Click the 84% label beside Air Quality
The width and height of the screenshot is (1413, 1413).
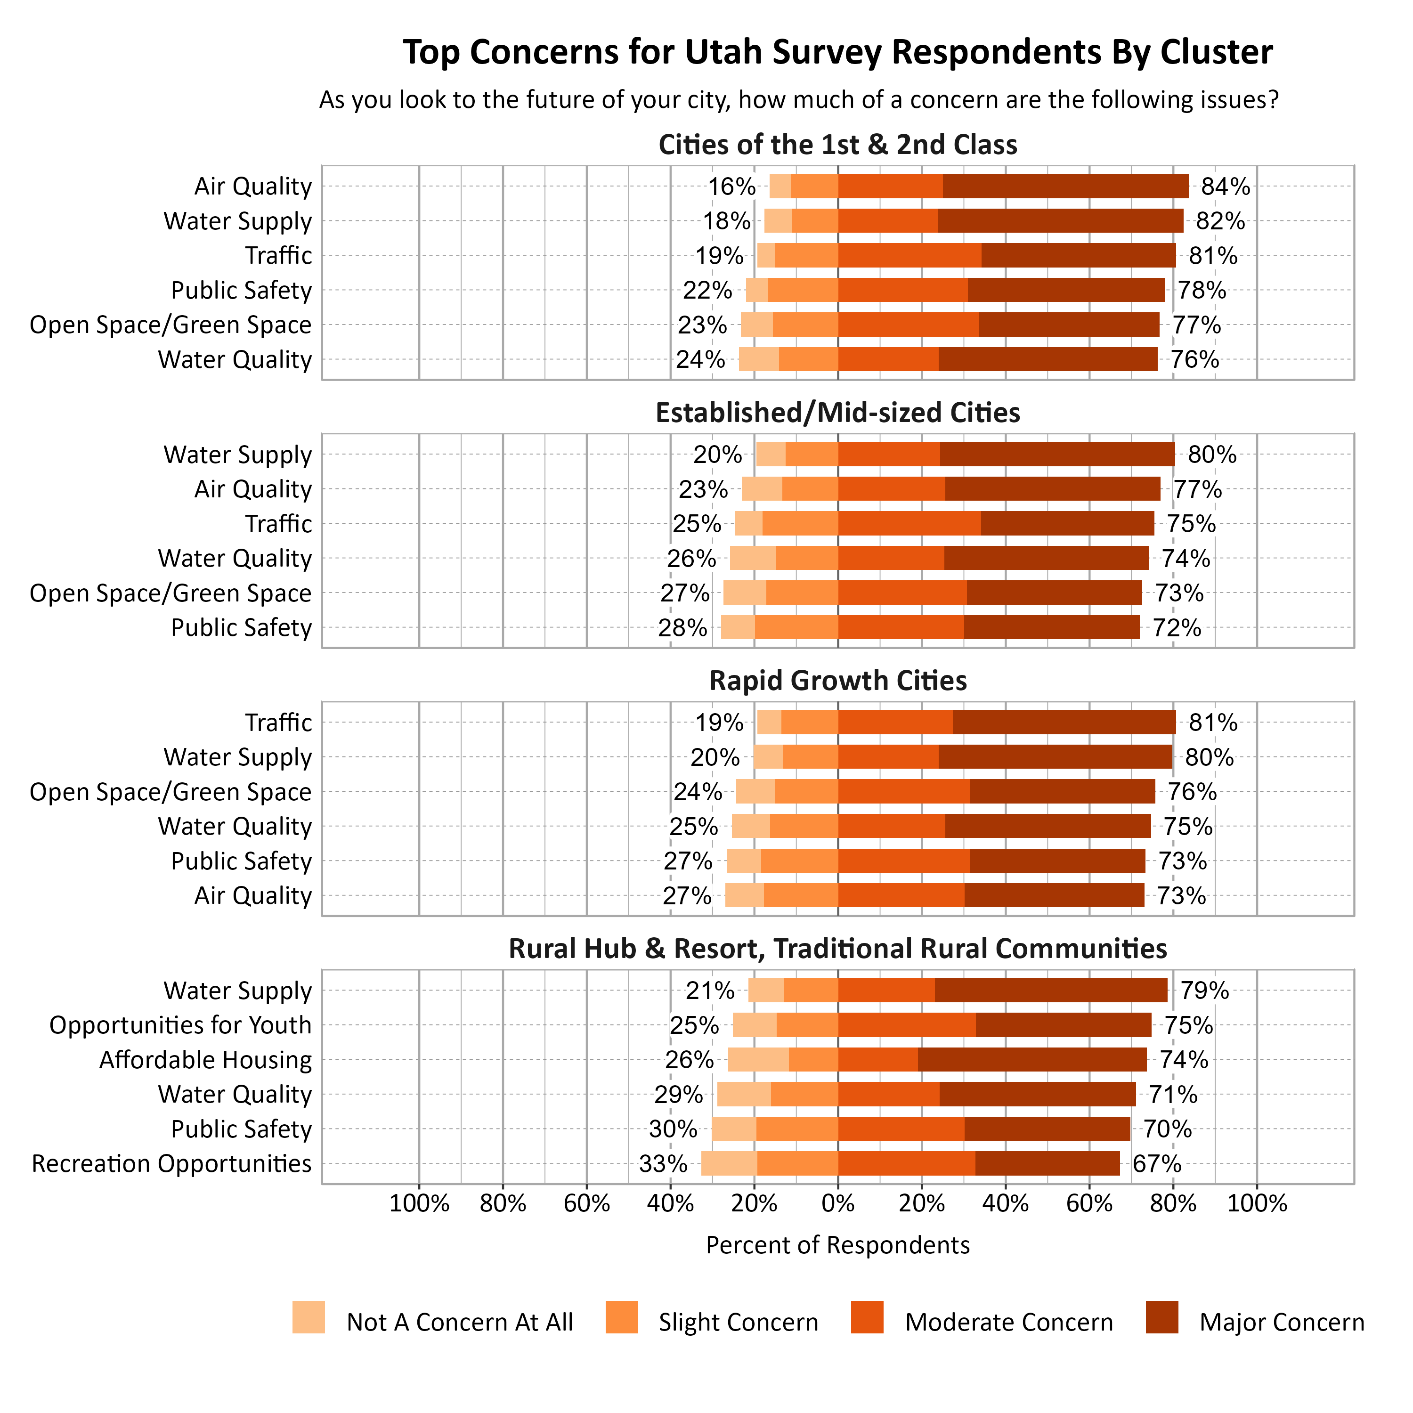pyautogui.click(x=1226, y=187)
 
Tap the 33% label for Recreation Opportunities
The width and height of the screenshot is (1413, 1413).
pyautogui.click(x=663, y=1163)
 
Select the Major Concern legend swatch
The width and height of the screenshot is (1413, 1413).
pyautogui.click(x=1162, y=1317)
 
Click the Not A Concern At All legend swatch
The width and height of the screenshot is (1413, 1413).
pyautogui.click(x=309, y=1317)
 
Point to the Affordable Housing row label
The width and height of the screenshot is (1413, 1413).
pyautogui.click(x=205, y=1060)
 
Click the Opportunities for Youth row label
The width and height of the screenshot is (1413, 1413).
pyautogui.click(x=180, y=1025)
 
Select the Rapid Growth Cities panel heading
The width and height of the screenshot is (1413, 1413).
pyautogui.click(x=838, y=681)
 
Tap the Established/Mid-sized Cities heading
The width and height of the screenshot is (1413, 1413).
pyautogui.click(x=838, y=413)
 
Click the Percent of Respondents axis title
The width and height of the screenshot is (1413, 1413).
pyautogui.click(x=838, y=1245)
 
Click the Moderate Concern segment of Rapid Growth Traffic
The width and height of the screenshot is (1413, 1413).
pyautogui.click(x=895, y=723)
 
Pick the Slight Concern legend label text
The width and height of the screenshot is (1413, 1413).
pyautogui.click(x=738, y=1322)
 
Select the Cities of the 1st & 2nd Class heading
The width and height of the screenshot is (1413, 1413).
pyautogui.click(x=838, y=145)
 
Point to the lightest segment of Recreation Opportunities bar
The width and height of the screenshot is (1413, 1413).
pyautogui.click(x=729, y=1163)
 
